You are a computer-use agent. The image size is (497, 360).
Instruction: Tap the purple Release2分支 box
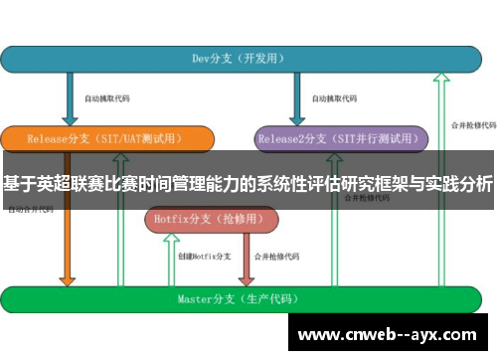338,139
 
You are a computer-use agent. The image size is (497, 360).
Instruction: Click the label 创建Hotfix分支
205,257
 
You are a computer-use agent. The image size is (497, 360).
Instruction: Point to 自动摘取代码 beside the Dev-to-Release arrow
106,98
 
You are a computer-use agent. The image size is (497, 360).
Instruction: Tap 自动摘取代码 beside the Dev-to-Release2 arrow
334,98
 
